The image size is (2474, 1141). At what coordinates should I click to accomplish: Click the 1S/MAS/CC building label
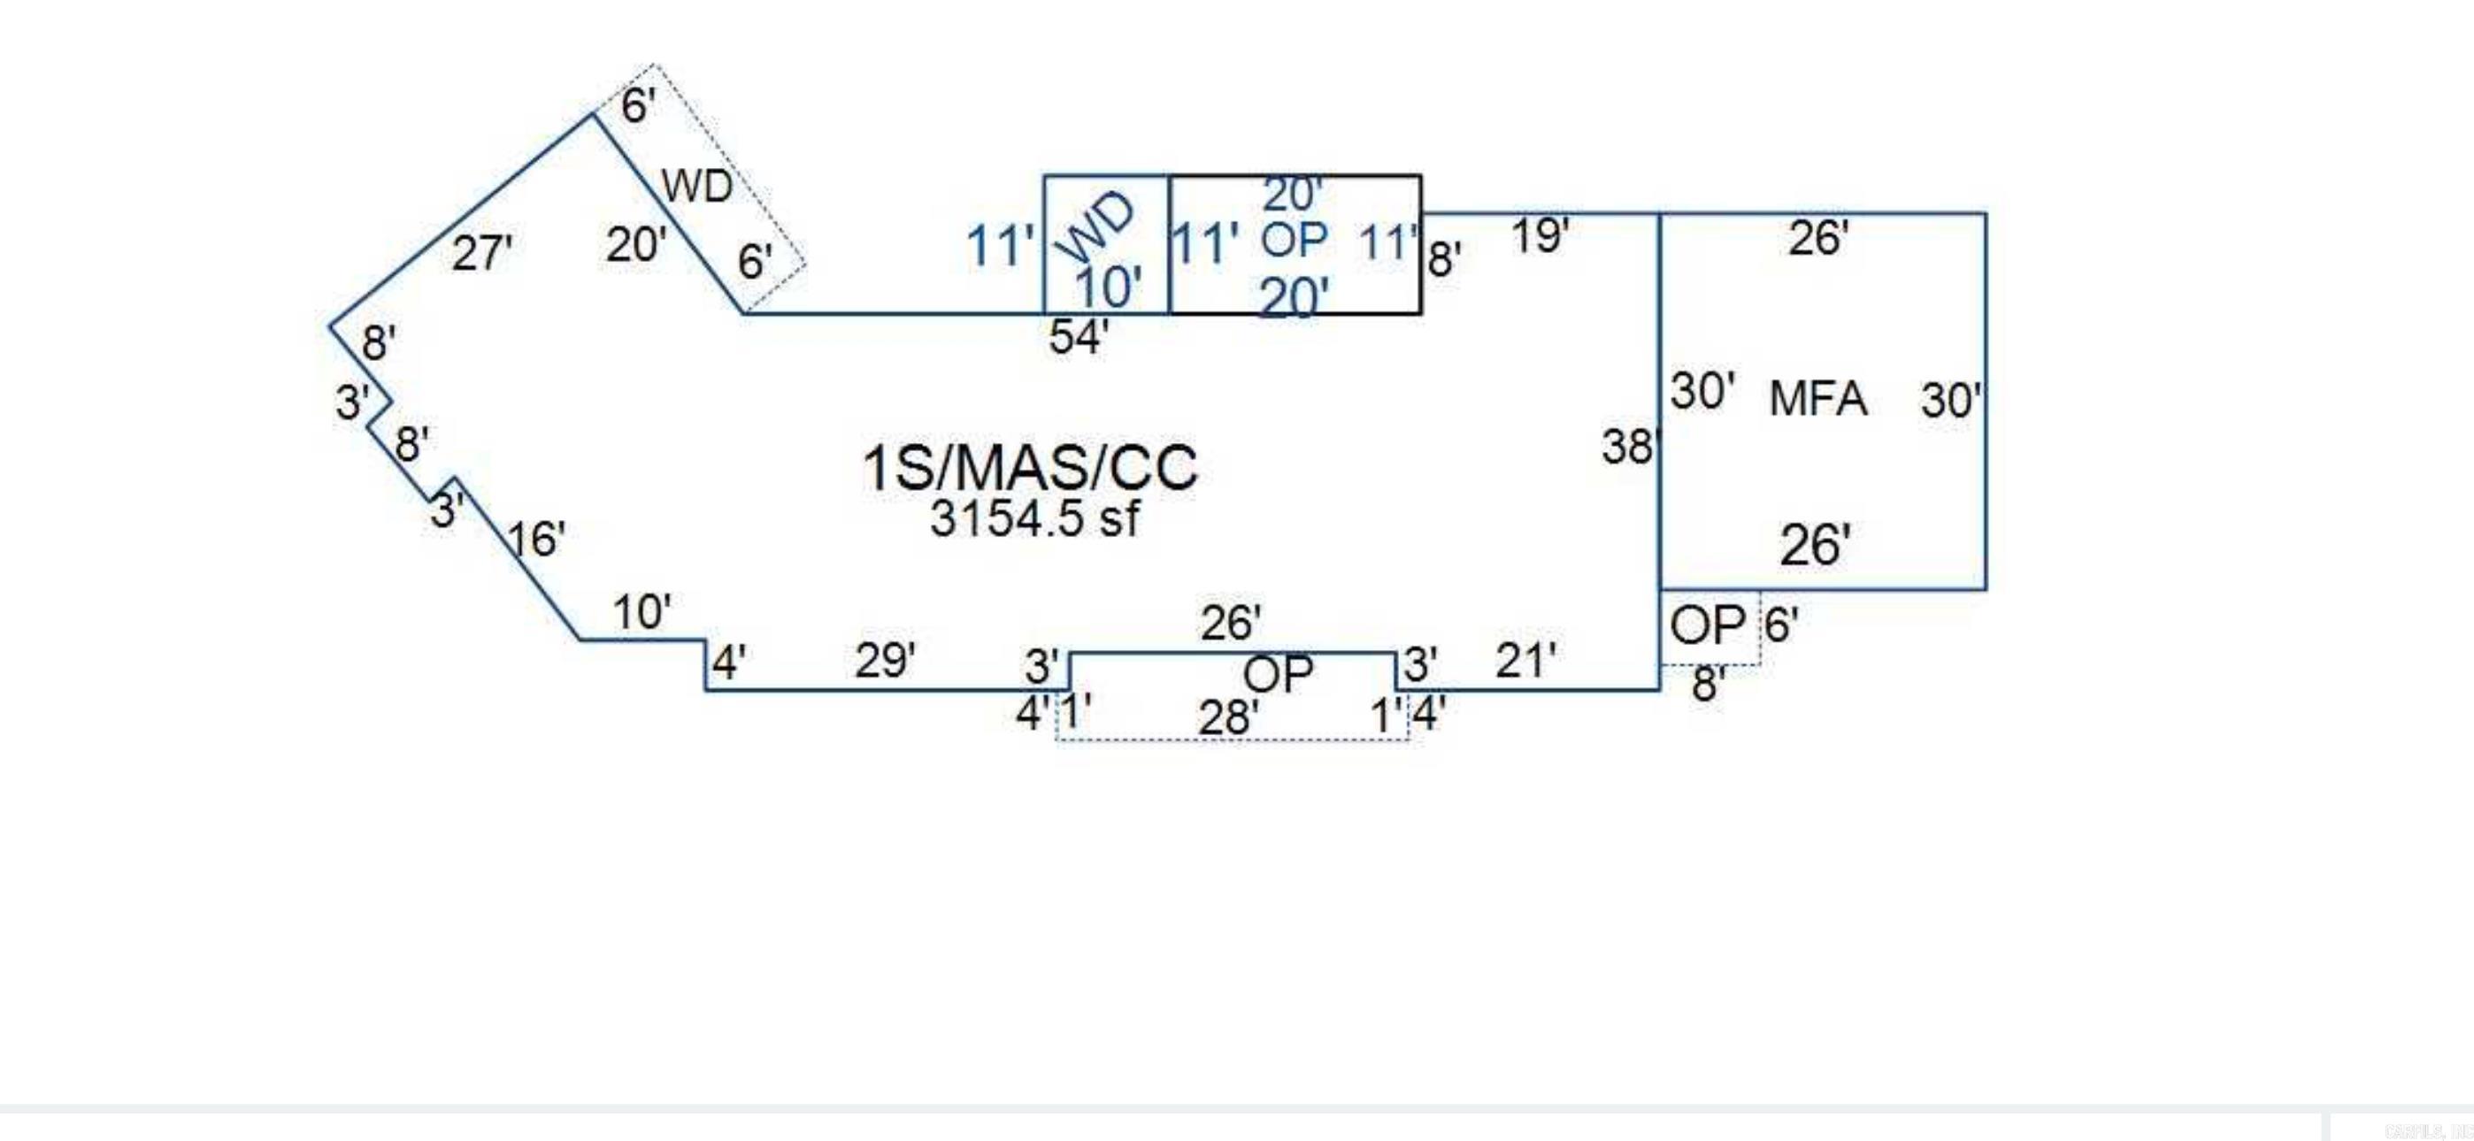point(1030,468)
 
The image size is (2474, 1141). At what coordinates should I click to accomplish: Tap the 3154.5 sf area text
point(1034,519)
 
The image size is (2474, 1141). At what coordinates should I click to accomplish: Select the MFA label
point(1817,399)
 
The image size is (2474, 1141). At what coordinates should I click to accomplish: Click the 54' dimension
point(1078,337)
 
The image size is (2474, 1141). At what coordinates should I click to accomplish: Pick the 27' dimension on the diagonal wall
point(481,254)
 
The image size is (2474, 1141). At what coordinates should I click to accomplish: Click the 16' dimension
point(535,540)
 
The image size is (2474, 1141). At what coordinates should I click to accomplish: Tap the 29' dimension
point(885,661)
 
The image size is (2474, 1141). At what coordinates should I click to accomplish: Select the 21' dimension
point(1525,661)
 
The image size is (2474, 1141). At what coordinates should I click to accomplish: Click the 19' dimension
point(1540,236)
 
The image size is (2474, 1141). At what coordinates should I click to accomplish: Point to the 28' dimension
point(1227,717)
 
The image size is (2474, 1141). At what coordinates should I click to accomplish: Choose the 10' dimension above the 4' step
point(642,612)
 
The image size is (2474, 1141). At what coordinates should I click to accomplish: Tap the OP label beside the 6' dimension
point(1707,626)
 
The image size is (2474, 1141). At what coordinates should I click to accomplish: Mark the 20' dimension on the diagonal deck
point(634,245)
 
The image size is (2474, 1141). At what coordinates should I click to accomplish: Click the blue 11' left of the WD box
point(999,246)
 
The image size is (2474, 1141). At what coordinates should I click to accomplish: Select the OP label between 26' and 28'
point(1278,674)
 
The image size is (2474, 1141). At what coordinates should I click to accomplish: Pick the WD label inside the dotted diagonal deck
point(696,186)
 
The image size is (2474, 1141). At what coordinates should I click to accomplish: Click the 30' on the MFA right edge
point(1950,400)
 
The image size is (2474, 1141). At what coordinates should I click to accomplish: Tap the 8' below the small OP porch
point(1708,685)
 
